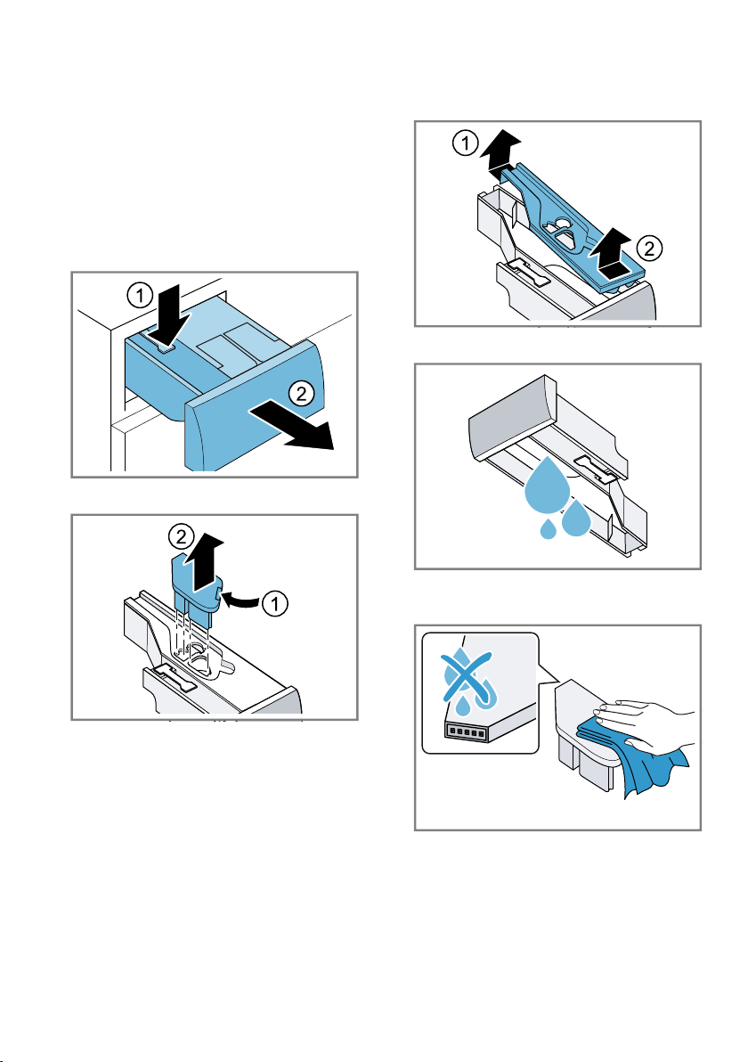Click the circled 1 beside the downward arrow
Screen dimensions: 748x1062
[x=140, y=295]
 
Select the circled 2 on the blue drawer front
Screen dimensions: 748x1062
[x=301, y=394]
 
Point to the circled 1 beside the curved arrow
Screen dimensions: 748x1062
[x=275, y=603]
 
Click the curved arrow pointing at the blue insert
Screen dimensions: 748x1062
[x=242, y=598]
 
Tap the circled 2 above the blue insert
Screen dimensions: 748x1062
[x=180, y=538]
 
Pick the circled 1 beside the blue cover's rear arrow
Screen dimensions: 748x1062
[x=465, y=143]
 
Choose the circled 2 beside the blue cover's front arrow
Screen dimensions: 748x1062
[x=650, y=249]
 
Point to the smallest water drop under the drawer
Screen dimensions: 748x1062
[x=549, y=528]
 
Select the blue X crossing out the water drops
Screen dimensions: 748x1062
[x=467, y=676]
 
